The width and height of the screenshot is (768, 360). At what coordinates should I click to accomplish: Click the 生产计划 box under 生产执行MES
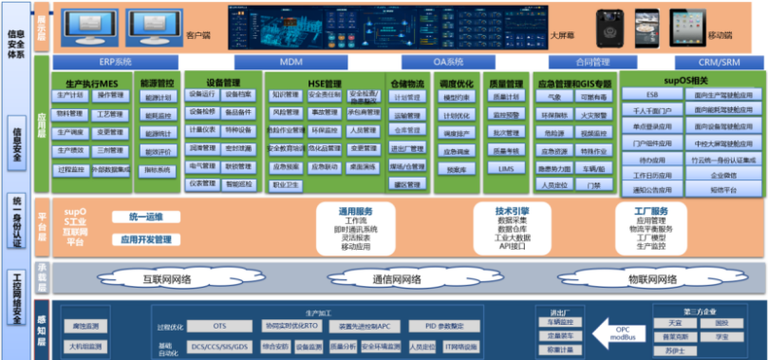click(69, 96)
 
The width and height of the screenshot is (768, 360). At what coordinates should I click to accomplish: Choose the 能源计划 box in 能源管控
click(157, 97)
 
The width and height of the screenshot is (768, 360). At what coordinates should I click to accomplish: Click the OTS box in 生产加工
click(220, 326)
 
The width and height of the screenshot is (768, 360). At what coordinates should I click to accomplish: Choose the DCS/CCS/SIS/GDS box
click(220, 347)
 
